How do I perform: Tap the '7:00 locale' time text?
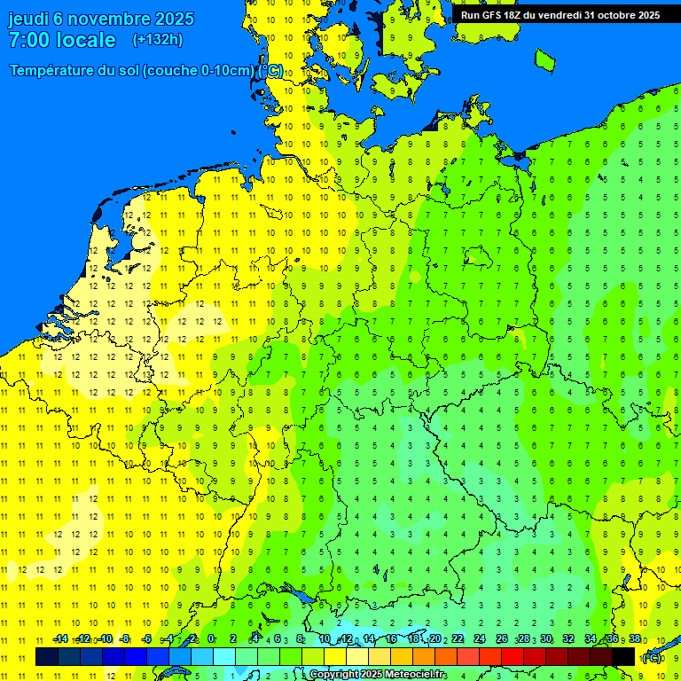point(62,40)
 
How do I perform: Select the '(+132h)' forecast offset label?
point(158,40)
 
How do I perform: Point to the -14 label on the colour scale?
point(60,639)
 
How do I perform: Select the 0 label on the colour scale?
point(211,639)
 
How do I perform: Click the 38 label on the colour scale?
point(635,639)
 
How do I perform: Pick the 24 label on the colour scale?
point(480,639)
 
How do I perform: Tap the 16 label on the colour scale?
point(390,639)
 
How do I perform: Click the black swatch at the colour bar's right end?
point(623,656)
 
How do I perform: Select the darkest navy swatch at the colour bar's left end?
point(47,656)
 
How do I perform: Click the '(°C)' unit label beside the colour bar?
point(652,657)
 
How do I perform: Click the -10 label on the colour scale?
point(106,639)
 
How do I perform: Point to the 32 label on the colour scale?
point(568,639)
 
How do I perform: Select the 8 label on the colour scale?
point(301,639)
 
